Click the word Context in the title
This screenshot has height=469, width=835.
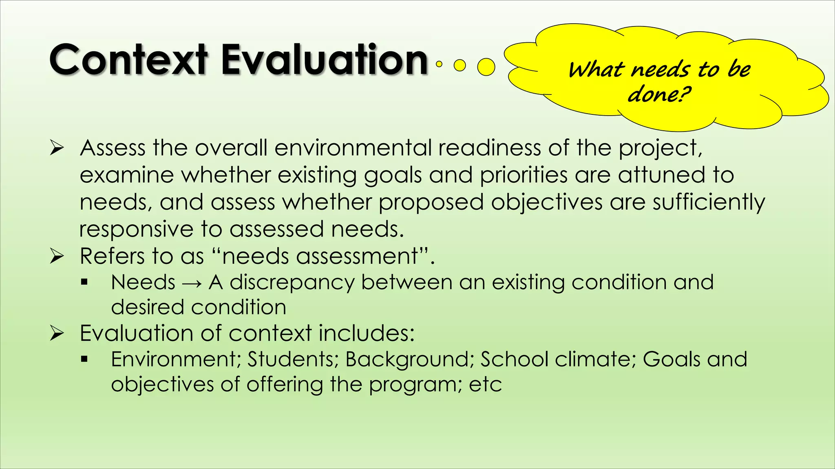(x=128, y=60)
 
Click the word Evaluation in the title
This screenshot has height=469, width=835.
(x=324, y=60)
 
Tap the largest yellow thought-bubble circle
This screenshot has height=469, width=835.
(x=486, y=67)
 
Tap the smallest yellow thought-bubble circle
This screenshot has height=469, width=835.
(x=439, y=64)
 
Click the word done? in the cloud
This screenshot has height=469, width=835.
(x=659, y=94)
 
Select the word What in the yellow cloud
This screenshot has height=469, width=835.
(x=596, y=70)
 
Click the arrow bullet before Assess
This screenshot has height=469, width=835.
(x=57, y=148)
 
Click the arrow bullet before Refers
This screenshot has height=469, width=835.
(x=57, y=256)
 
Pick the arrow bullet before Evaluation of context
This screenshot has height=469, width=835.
(x=57, y=333)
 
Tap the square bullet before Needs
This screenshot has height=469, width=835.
(x=84, y=282)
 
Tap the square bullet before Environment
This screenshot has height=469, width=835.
(x=84, y=359)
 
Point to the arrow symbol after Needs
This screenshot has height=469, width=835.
(x=192, y=283)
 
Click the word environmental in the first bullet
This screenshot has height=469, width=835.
(x=353, y=148)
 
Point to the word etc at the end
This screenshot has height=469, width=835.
(x=485, y=385)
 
